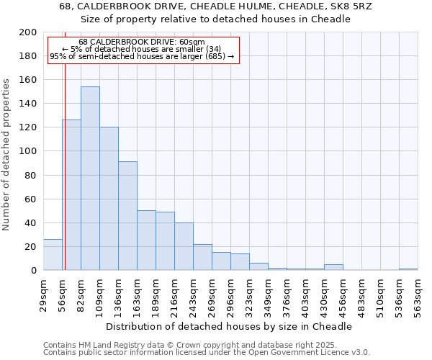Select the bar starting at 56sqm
71,195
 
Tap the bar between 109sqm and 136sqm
109,199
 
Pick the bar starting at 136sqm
127,216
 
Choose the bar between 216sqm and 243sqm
184,246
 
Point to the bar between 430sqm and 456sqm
333,267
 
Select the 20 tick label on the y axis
30,246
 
